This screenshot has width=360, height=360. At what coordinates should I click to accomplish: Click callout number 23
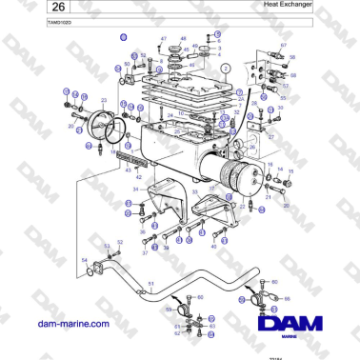coord(103,99)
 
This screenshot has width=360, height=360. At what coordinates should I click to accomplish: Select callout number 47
coord(163,38)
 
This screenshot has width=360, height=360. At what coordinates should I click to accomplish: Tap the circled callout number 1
coord(224,70)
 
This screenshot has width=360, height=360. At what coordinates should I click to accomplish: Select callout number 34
coord(135,190)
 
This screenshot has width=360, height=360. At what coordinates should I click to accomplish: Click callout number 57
coord(285,86)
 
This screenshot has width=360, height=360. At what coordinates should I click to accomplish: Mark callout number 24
coord(169,114)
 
